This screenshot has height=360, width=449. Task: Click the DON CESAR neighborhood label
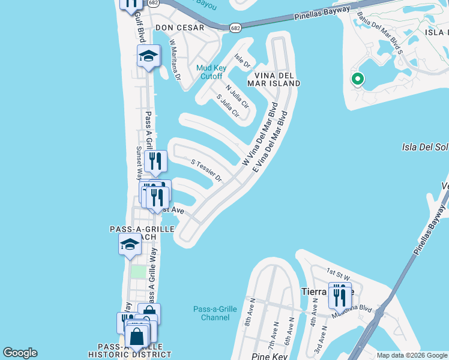pyautogui.click(x=179, y=28)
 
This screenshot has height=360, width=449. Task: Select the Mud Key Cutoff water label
pyautogui.click(x=211, y=72)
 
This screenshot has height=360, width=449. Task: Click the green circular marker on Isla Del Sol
pyautogui.click(x=357, y=79)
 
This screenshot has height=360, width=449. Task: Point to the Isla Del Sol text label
pyautogui.click(x=424, y=146)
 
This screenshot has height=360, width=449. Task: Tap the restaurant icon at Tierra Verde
pyautogui.click(x=340, y=296)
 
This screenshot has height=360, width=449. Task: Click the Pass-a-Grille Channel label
pyautogui.click(x=215, y=314)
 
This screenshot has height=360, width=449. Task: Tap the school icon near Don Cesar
pyautogui.click(x=148, y=57)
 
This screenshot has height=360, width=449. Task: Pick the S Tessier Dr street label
pyautogui.click(x=206, y=170)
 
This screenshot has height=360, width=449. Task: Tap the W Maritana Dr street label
pyautogui.click(x=175, y=60)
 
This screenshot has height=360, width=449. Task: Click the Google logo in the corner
pyautogui.click(x=20, y=353)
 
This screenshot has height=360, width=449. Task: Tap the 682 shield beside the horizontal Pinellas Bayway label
pyautogui.click(x=235, y=27)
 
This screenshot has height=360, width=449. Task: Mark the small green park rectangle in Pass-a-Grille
pyautogui.click(x=139, y=272)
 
